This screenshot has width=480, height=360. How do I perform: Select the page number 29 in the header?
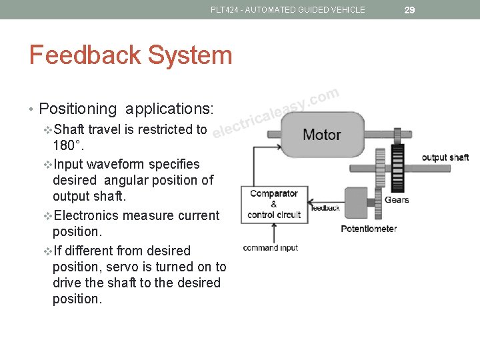pos(410,9)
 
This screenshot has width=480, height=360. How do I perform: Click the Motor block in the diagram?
pos(322,135)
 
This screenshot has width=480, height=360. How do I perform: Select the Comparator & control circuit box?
pos(274,204)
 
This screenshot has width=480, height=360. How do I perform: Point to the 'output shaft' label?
pos(445,157)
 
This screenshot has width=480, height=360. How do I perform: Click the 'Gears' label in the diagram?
pos(397,199)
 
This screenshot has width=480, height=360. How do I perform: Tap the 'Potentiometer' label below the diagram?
pos(369,229)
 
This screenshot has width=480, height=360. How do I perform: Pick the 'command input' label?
pos(270,248)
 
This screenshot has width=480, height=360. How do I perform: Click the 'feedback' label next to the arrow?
pos(325,208)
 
